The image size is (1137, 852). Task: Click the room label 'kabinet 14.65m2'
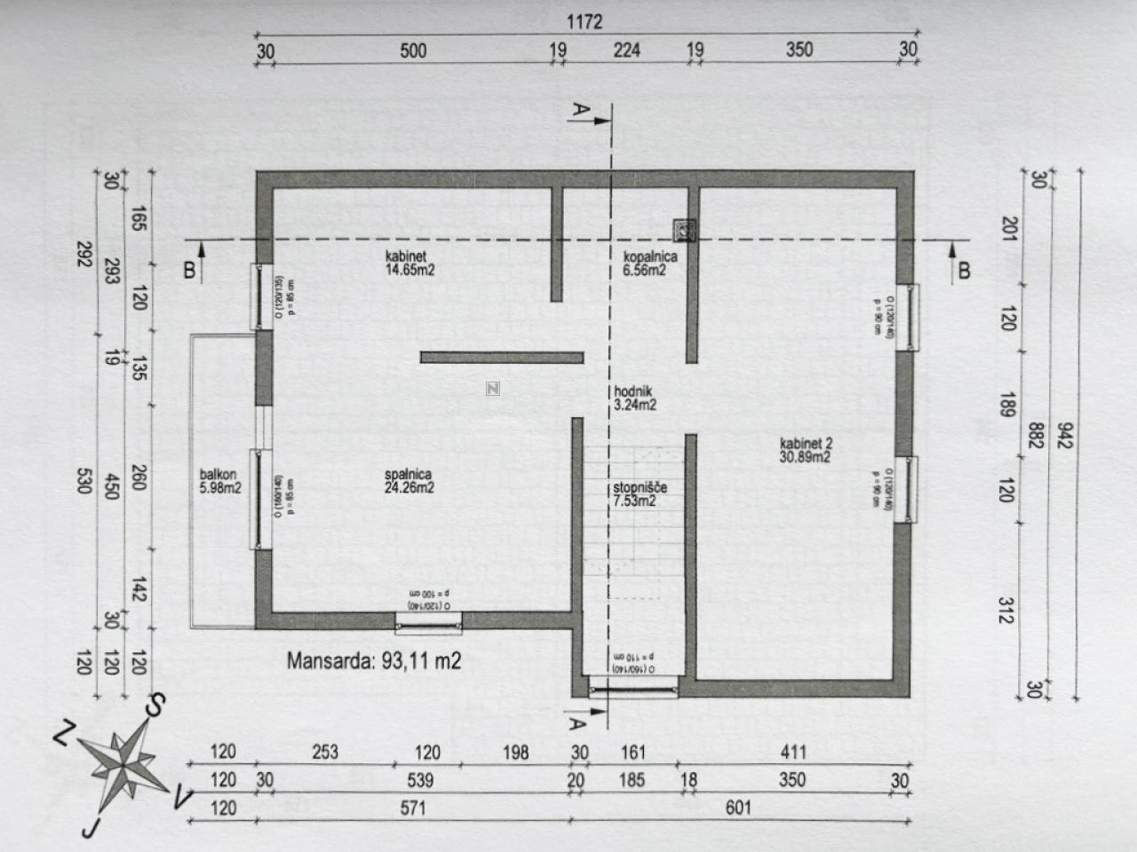coord(409,264)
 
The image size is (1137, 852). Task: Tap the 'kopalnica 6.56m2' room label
coord(649,264)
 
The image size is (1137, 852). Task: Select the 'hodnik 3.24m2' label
coord(634,398)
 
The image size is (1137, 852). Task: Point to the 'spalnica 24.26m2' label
coord(409,481)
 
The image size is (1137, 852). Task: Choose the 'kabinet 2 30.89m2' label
coord(805,451)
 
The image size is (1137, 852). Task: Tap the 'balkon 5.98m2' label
coord(220,481)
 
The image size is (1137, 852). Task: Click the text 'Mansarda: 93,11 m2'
coord(374,660)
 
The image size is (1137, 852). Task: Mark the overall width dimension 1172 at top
coord(584,21)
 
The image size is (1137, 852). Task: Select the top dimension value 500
coord(413,51)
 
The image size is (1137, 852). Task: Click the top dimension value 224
coord(626,51)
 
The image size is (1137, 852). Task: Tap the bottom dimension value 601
coord(738,808)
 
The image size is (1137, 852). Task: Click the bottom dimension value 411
coord(793,753)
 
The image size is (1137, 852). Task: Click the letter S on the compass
coord(155,706)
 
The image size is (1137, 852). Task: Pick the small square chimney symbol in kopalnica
coord(683,230)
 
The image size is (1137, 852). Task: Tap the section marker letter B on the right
coord(964,271)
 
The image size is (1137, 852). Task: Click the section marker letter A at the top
coord(580,111)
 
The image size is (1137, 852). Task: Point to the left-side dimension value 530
coord(83,481)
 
